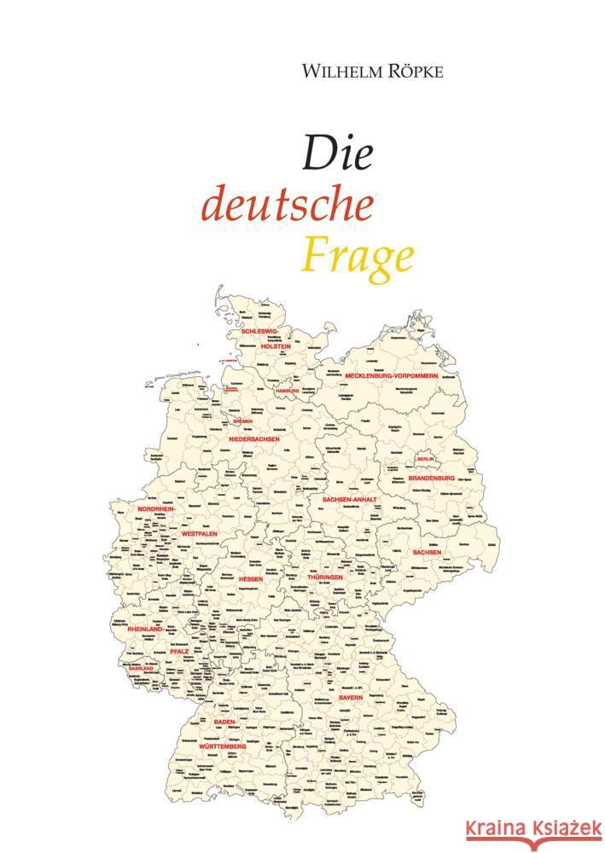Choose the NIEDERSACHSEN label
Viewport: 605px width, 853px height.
[254, 438]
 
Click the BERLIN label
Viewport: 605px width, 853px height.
[425, 459]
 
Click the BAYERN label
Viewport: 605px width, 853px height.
[351, 697]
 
